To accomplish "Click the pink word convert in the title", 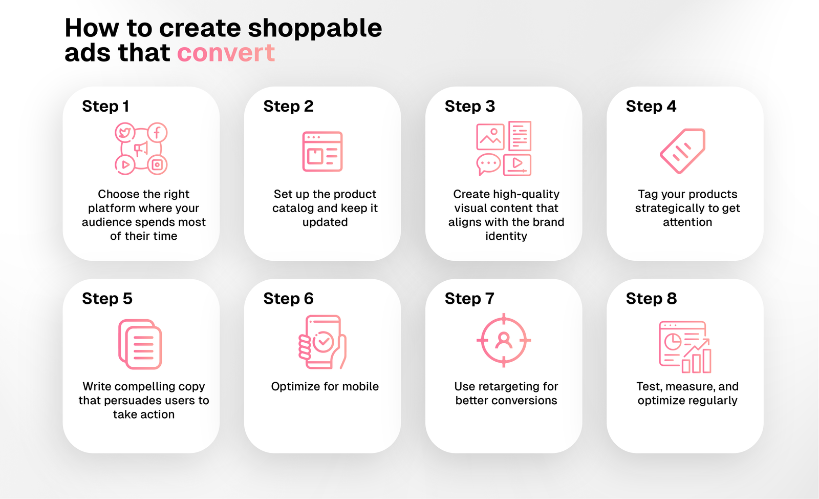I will point(226,53).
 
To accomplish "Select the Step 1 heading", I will point(105,106).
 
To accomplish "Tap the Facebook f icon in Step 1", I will point(157,133).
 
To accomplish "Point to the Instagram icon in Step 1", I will point(157,164).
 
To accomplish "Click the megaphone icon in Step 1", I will point(141,149).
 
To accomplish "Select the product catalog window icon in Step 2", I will point(322,152).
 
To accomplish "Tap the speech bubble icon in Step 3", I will point(488,164).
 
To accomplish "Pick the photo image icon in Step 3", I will point(490,136).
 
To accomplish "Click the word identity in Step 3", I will point(506,236).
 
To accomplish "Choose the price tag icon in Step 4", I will point(683,151).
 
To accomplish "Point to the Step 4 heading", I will point(651,106).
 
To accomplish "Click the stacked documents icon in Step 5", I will point(140,344).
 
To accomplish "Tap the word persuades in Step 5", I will point(142,400).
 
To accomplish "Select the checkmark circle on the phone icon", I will point(323,341).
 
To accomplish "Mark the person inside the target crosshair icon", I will point(504,340).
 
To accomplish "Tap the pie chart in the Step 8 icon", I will point(672,341).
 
